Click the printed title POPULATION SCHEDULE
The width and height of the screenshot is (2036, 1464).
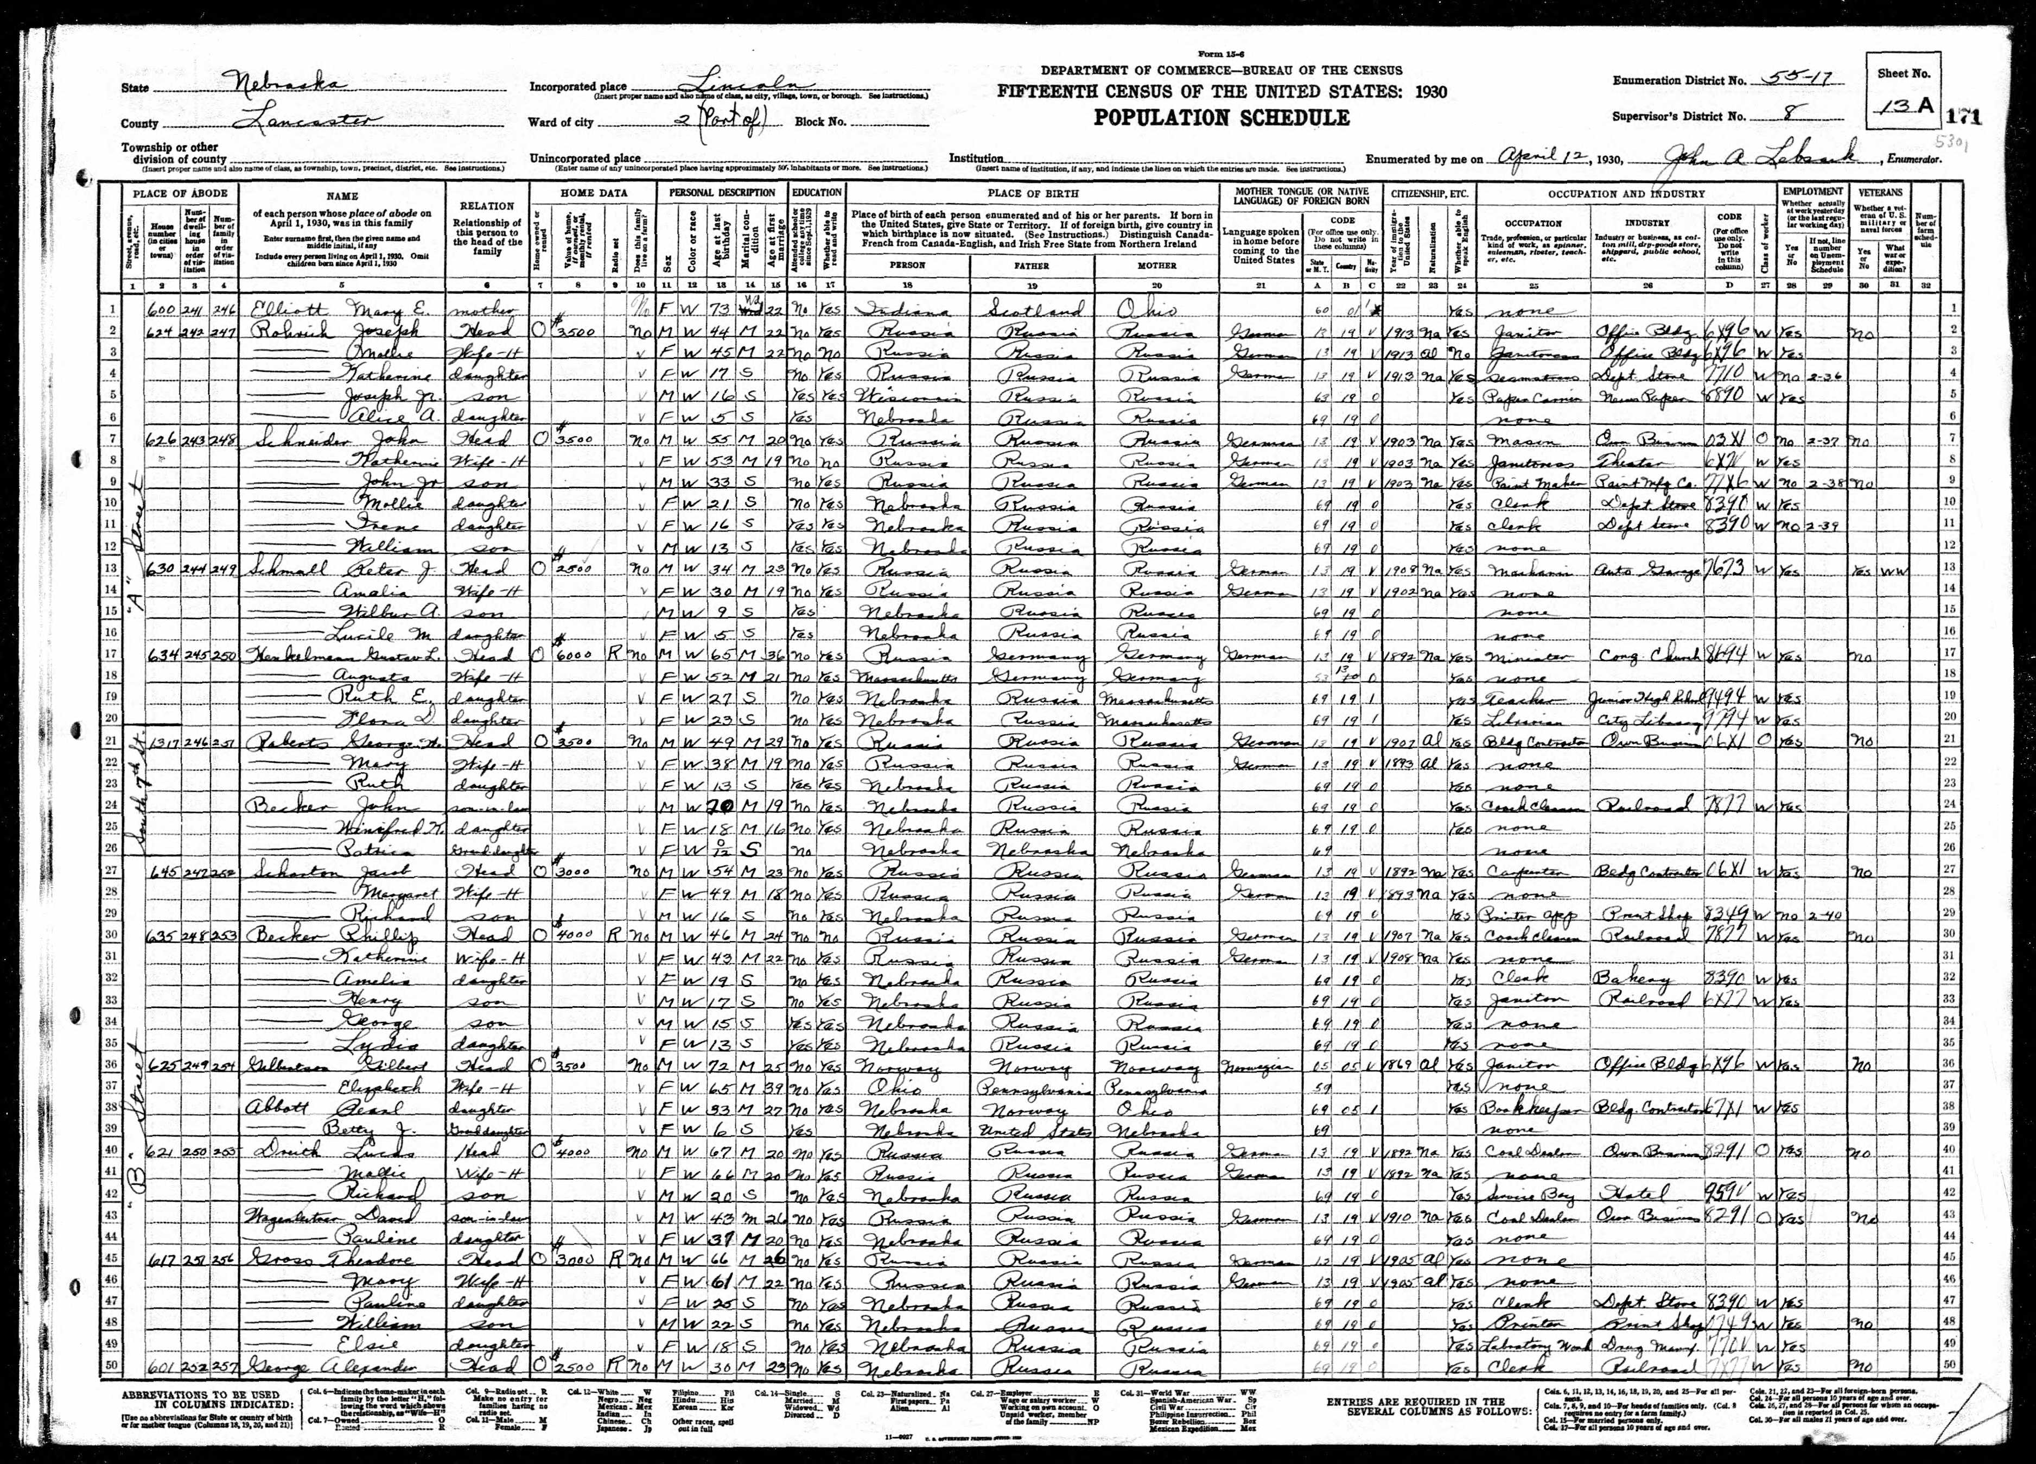(1221, 118)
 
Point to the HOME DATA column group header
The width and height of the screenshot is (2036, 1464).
(594, 192)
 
